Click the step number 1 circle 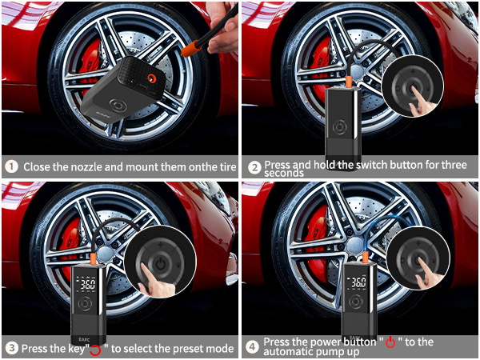tap(11, 167)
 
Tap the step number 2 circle tap(254, 167)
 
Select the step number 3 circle tap(11, 348)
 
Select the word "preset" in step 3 tap(175, 349)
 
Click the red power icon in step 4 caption tap(390, 342)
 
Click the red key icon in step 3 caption tap(96, 350)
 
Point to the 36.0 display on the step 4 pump tap(358, 282)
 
